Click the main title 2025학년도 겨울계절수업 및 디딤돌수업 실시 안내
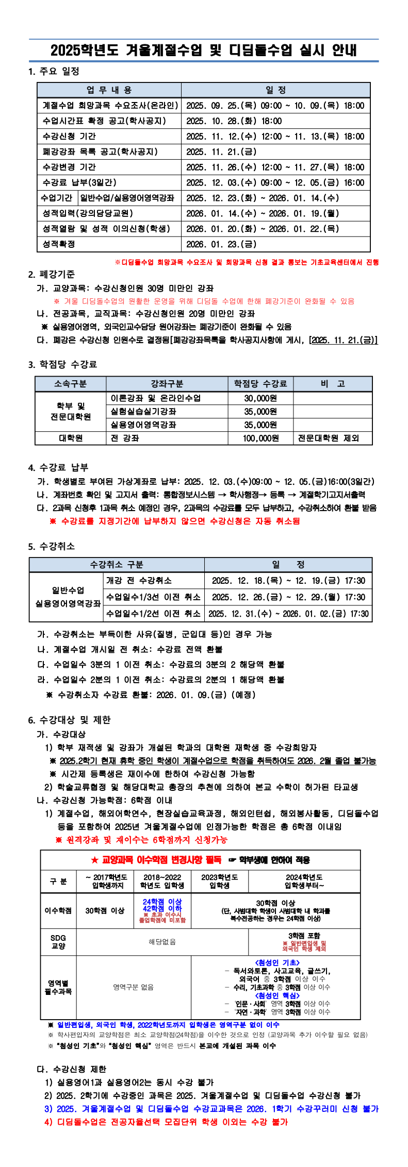pyautogui.click(x=204, y=50)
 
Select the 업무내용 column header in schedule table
pyautogui.click(x=109, y=90)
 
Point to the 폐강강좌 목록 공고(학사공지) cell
pyautogui.click(x=100, y=152)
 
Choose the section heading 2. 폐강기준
pyautogui.click(x=52, y=274)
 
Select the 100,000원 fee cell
pyautogui.click(x=260, y=438)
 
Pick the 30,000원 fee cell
pyautogui.click(x=260, y=398)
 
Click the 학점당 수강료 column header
pyautogui.click(x=260, y=384)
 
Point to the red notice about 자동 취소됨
pyautogui.click(x=174, y=521)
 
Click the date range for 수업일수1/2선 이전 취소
pyautogui.click(x=288, y=614)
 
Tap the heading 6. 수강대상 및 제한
pyautogui.click(x=70, y=720)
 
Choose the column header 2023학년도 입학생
pyautogui.click(x=220, y=881)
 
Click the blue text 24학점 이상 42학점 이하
pyautogui.click(x=162, y=905)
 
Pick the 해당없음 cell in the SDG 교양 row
pyautogui.click(x=162, y=942)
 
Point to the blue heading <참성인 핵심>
pyautogui.click(x=277, y=995)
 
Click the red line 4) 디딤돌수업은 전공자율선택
pyautogui.click(x=166, y=1122)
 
